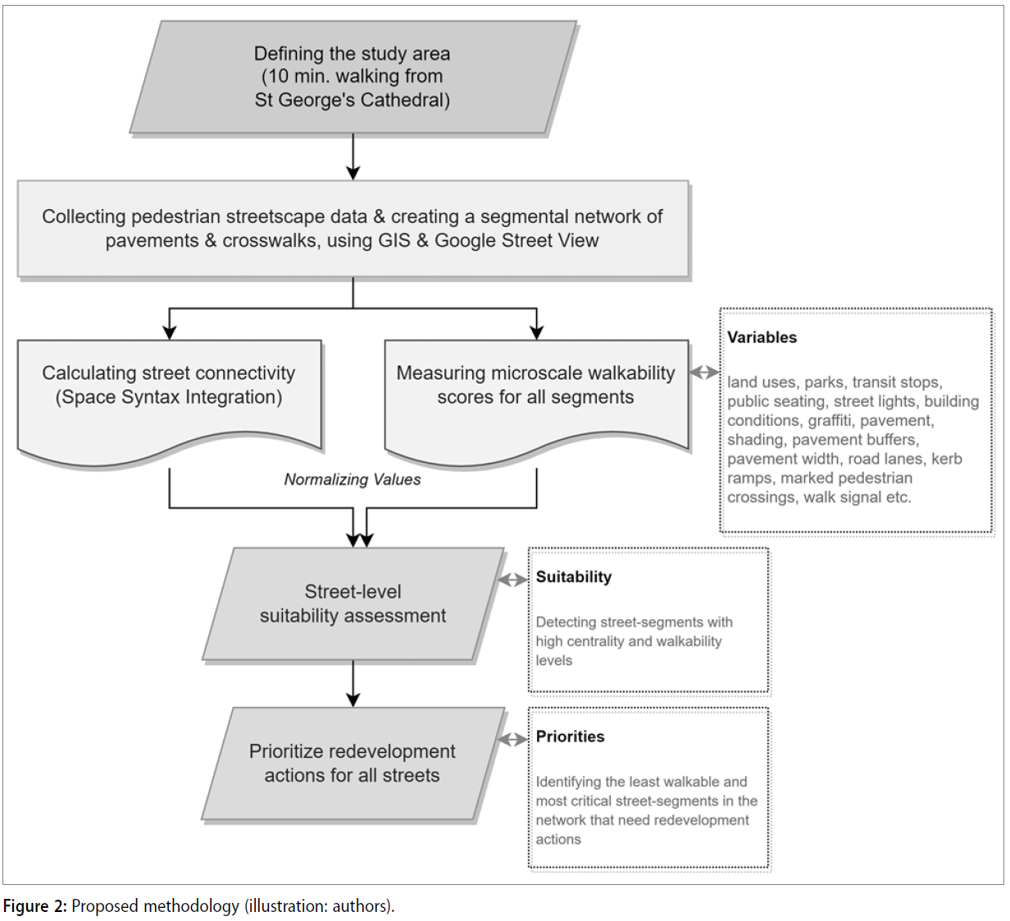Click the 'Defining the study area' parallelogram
(x=353, y=76)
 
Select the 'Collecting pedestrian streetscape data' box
(x=353, y=228)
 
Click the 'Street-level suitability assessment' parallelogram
(x=353, y=604)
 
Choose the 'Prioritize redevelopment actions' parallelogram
(x=353, y=764)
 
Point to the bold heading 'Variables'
(x=762, y=337)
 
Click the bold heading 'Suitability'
(x=574, y=577)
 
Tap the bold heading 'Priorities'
(x=570, y=736)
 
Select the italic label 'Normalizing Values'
(x=353, y=479)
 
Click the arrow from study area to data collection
(x=353, y=157)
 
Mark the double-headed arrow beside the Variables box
(x=704, y=372)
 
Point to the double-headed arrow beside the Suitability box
(x=513, y=580)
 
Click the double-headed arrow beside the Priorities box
(x=513, y=740)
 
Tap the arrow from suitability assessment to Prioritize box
(x=353, y=684)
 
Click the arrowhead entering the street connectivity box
(x=169, y=332)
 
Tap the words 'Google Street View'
(x=516, y=240)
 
